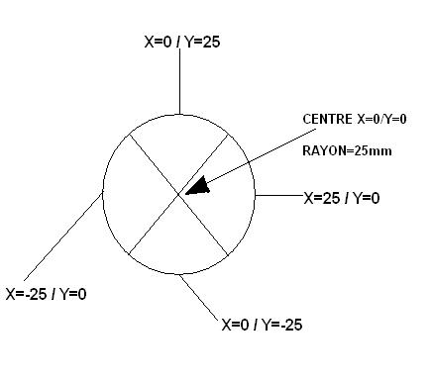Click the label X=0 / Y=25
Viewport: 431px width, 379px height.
coord(181,42)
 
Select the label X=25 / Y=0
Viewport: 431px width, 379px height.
coord(341,198)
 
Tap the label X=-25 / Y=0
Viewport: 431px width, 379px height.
coord(46,293)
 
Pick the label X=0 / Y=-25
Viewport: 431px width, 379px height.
coord(263,324)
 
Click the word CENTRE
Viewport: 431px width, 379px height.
coord(326,119)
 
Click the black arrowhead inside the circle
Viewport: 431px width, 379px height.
coord(200,186)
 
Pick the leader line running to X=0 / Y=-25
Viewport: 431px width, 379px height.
coord(200,298)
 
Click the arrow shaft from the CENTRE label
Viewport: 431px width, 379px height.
coord(258,158)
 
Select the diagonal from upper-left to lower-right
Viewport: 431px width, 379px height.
coord(154,168)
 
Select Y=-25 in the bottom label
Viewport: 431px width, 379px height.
coord(283,324)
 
